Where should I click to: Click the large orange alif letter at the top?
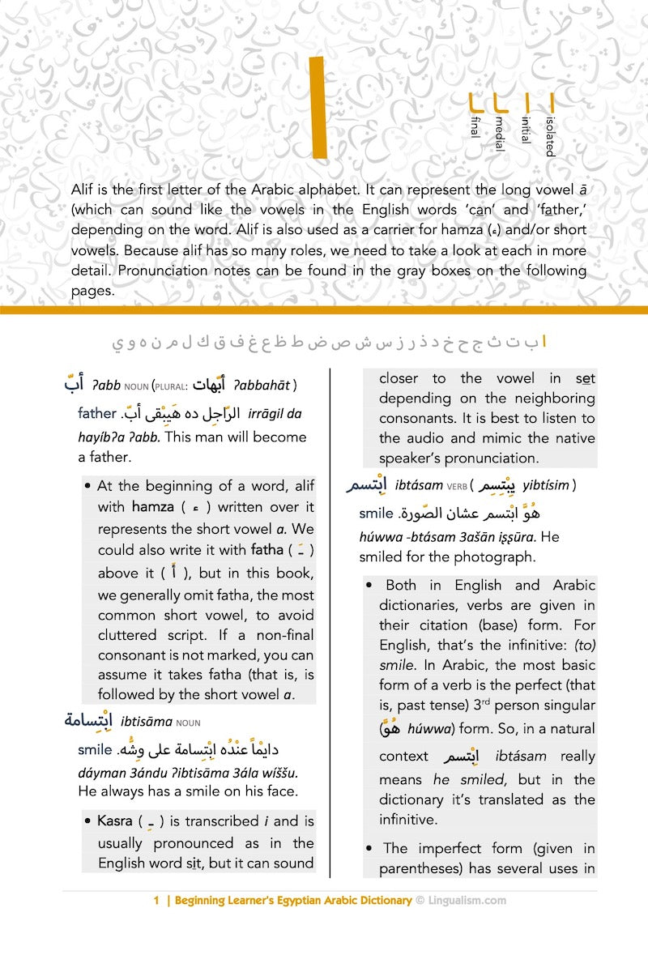pyautogui.click(x=317, y=107)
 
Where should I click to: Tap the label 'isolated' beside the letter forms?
pyautogui.click(x=550, y=136)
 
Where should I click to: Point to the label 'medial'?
pyautogui.click(x=500, y=134)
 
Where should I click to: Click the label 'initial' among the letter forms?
pyautogui.click(x=525, y=130)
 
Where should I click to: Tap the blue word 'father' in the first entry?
pyautogui.click(x=97, y=413)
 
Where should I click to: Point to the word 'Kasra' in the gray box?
pyautogui.click(x=114, y=821)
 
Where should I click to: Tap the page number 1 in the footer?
pyautogui.click(x=156, y=900)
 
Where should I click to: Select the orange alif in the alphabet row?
pyautogui.click(x=544, y=343)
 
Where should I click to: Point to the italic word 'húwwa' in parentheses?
pyautogui.click(x=426, y=729)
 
